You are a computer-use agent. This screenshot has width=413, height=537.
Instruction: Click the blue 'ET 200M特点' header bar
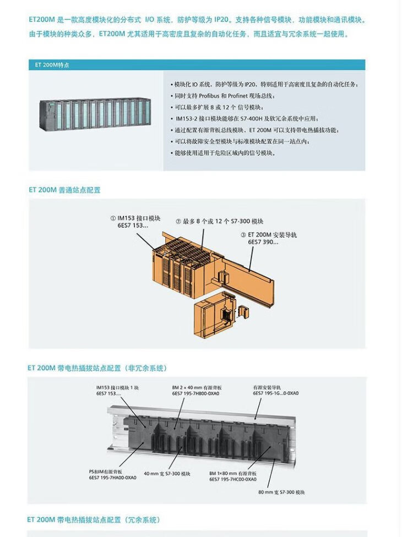click(x=197, y=65)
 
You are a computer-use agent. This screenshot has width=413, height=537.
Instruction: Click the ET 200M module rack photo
click(x=95, y=114)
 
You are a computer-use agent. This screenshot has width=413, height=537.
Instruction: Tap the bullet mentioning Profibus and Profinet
click(x=223, y=96)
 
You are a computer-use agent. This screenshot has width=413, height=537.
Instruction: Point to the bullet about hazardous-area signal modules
click(x=223, y=153)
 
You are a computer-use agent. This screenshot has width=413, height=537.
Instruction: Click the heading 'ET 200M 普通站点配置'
click(x=64, y=190)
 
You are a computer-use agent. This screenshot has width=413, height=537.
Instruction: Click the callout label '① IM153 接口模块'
click(x=135, y=218)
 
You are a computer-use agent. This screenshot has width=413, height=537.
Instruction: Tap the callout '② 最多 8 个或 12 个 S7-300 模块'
click(x=219, y=221)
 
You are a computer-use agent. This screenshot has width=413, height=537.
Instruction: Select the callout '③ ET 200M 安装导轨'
click(x=269, y=234)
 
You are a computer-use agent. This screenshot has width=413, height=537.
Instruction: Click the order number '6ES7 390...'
click(x=263, y=242)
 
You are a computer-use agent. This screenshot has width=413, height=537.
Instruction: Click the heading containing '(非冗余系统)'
click(x=97, y=368)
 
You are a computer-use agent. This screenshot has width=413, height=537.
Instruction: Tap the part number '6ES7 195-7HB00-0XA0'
click(x=195, y=393)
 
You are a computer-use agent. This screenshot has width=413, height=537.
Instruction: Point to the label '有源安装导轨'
click(x=267, y=387)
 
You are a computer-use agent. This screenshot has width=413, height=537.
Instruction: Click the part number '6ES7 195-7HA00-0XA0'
click(x=113, y=478)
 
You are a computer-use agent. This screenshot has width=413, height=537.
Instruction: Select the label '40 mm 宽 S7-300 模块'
click(x=167, y=474)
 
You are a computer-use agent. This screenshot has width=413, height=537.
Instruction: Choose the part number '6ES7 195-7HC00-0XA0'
click(x=233, y=479)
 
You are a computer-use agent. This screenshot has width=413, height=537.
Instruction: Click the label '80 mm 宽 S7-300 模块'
click(x=281, y=492)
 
